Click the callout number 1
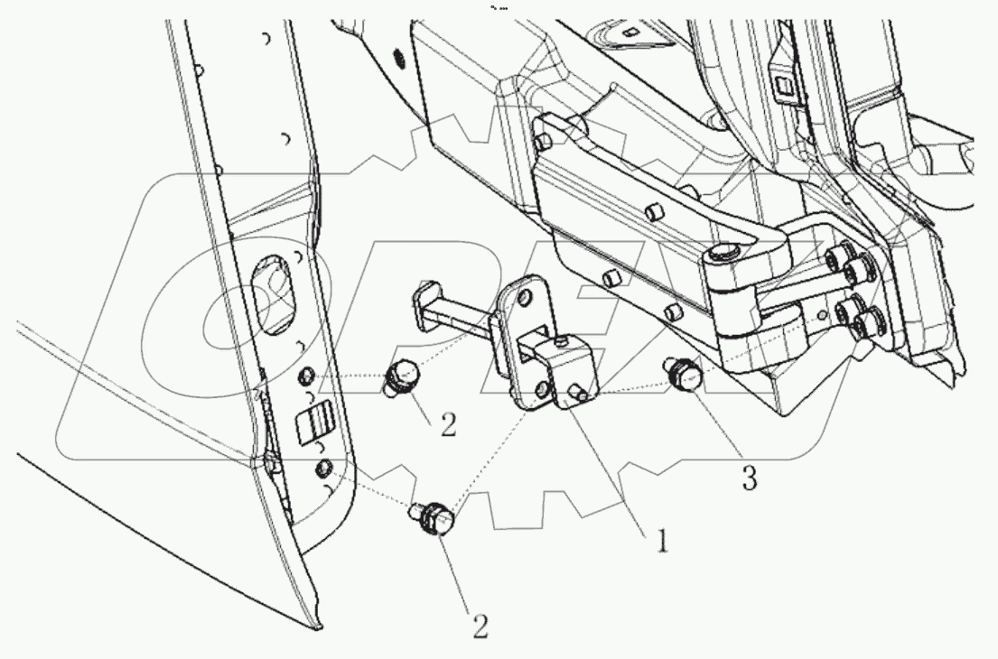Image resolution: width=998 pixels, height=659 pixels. pyautogui.click(x=661, y=541)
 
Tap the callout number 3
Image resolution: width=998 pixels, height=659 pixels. pyautogui.click(x=750, y=478)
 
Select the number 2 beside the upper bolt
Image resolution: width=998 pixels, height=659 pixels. pyautogui.click(x=449, y=424)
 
